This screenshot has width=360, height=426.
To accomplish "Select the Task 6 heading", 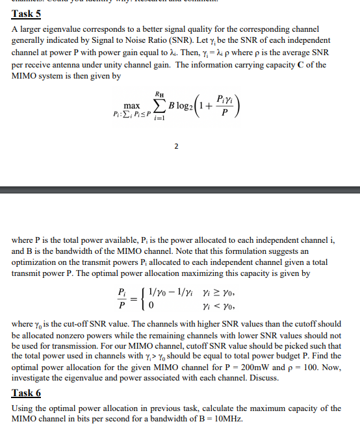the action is [x=26, y=393].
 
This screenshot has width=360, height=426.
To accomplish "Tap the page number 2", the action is [x=176, y=145].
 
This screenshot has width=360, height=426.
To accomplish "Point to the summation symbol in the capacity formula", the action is [x=159, y=106].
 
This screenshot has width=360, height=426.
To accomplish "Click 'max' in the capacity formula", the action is [x=133, y=105].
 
